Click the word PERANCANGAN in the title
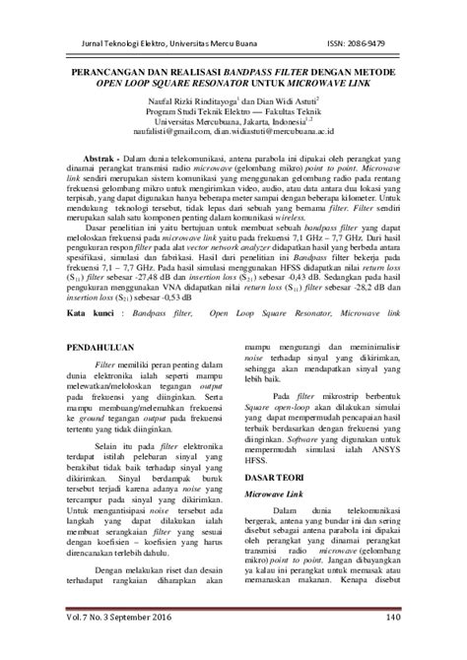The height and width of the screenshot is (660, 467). [x=106, y=73]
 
